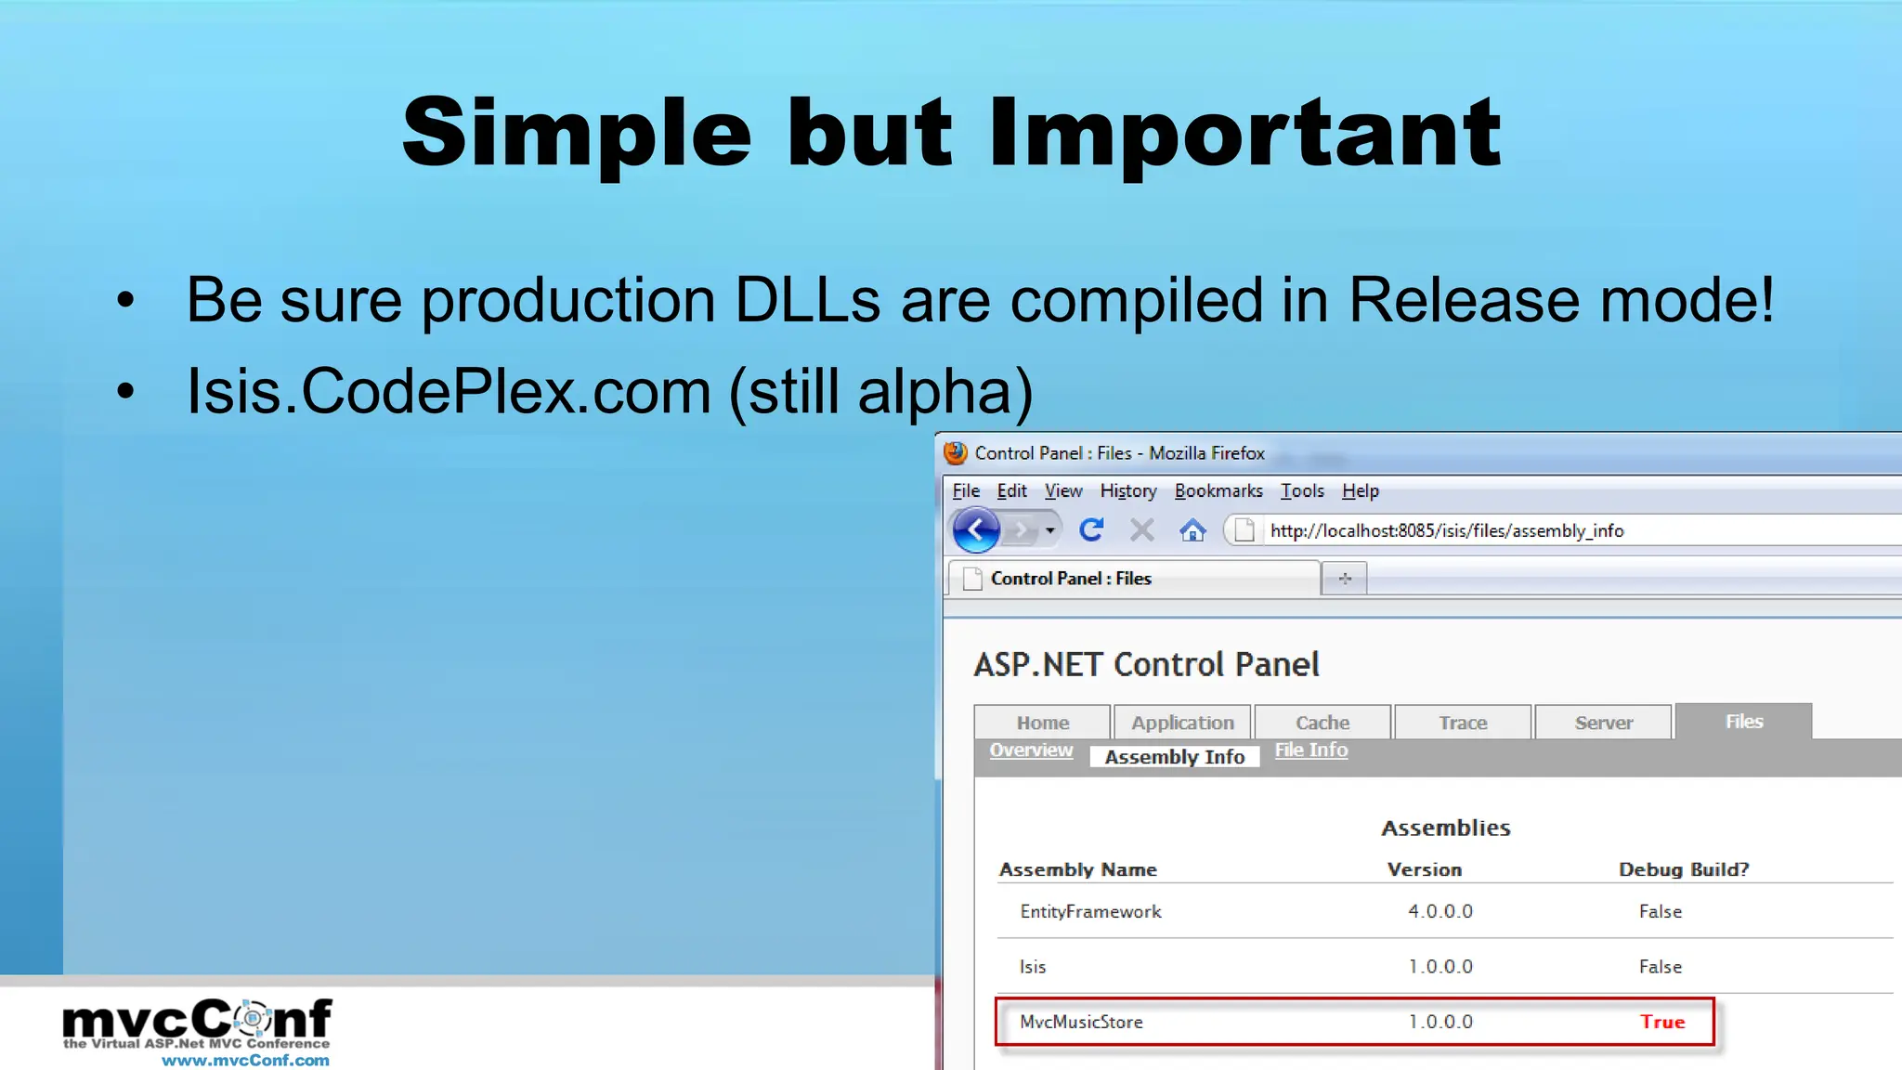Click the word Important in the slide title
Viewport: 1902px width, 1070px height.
[1244, 135]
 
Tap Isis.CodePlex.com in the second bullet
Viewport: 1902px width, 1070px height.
[449, 391]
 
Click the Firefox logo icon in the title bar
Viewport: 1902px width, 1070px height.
[956, 453]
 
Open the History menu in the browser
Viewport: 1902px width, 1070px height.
[1127, 491]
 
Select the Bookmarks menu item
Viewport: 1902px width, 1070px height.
[1218, 491]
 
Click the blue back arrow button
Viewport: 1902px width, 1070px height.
[976, 530]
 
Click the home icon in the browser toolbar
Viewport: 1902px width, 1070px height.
[1192, 530]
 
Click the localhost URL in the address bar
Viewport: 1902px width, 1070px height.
[1446, 530]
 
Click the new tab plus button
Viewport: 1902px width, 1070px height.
[1344, 579]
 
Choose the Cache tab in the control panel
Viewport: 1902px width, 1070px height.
[1322, 723]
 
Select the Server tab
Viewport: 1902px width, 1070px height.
[1603, 723]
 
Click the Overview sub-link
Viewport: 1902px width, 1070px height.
[1030, 750]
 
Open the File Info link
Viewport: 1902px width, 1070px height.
[1310, 750]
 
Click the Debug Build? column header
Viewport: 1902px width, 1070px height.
[1683, 869]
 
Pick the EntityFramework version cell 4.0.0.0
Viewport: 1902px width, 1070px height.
[1440, 911]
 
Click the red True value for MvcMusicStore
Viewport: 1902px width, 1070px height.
[1661, 1022]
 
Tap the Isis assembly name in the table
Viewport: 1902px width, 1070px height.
[1033, 967]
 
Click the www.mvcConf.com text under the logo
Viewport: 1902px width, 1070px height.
[245, 1060]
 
